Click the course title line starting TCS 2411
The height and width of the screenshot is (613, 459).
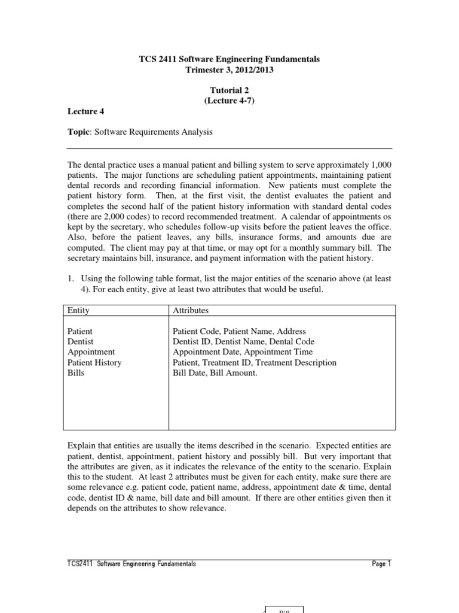(x=229, y=59)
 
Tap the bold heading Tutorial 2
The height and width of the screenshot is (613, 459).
(x=229, y=90)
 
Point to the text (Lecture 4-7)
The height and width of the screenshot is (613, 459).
(x=229, y=101)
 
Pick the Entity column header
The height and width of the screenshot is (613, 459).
(x=78, y=311)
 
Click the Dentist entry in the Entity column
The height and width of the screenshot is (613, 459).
(x=80, y=341)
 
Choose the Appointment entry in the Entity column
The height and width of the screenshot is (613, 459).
(x=91, y=352)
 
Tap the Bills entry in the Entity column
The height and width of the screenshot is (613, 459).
(x=76, y=373)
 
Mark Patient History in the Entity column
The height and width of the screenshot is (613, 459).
(x=94, y=362)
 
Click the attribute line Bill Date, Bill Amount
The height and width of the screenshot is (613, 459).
(x=215, y=373)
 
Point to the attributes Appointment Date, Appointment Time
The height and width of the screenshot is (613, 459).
(x=243, y=352)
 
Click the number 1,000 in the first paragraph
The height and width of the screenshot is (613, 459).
(x=381, y=165)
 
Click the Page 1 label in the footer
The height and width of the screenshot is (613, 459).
(x=381, y=564)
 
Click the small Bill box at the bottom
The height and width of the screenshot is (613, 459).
(x=284, y=609)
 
